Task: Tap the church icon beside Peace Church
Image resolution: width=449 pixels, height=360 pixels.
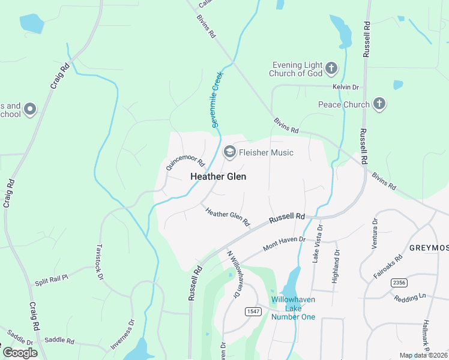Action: [379, 104]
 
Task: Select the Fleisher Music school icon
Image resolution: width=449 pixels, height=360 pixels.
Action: [229, 152]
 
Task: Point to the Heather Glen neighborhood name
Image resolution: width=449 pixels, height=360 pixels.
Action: [218, 176]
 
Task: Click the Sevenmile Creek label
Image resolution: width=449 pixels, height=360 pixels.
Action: [216, 103]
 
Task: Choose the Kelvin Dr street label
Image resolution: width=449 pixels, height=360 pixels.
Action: [346, 87]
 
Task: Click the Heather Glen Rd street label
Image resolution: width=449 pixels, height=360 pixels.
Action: [228, 217]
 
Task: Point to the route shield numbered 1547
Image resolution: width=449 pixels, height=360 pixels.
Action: [252, 311]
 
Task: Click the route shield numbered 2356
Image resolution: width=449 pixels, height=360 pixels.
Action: [399, 282]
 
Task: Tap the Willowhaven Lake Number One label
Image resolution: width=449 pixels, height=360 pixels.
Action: [293, 308]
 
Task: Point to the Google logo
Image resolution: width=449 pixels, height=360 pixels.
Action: [20, 353]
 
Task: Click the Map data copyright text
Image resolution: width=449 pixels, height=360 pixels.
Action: [424, 355]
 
